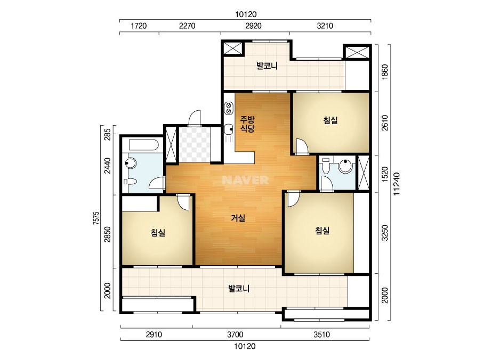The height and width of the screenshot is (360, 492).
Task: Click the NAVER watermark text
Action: click(245, 180)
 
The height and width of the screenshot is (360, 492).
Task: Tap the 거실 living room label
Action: click(238, 218)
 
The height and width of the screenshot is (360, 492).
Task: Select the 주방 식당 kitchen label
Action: click(247, 124)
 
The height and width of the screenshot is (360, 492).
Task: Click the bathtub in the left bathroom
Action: click(144, 145)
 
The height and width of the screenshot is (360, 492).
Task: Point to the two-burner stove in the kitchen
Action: click(229, 108)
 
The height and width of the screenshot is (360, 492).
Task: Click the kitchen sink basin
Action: click(229, 129)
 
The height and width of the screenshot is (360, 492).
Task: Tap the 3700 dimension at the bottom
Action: click(235, 334)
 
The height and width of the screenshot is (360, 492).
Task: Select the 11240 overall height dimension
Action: click(397, 184)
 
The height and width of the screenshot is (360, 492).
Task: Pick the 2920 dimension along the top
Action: click(253, 26)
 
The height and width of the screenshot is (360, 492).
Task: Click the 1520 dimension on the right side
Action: click(385, 174)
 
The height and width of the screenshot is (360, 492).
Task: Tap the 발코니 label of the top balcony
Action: click(267, 66)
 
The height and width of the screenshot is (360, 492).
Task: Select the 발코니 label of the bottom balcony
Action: click(239, 289)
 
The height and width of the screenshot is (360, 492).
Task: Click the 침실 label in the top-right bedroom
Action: click(330, 120)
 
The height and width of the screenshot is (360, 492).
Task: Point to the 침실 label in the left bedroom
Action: click(158, 233)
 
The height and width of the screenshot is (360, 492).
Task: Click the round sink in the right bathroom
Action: click(345, 166)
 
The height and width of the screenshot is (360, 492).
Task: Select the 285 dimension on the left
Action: click(108, 134)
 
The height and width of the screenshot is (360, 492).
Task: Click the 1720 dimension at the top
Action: click(139, 26)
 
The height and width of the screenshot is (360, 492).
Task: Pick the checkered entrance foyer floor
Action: click(194, 145)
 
